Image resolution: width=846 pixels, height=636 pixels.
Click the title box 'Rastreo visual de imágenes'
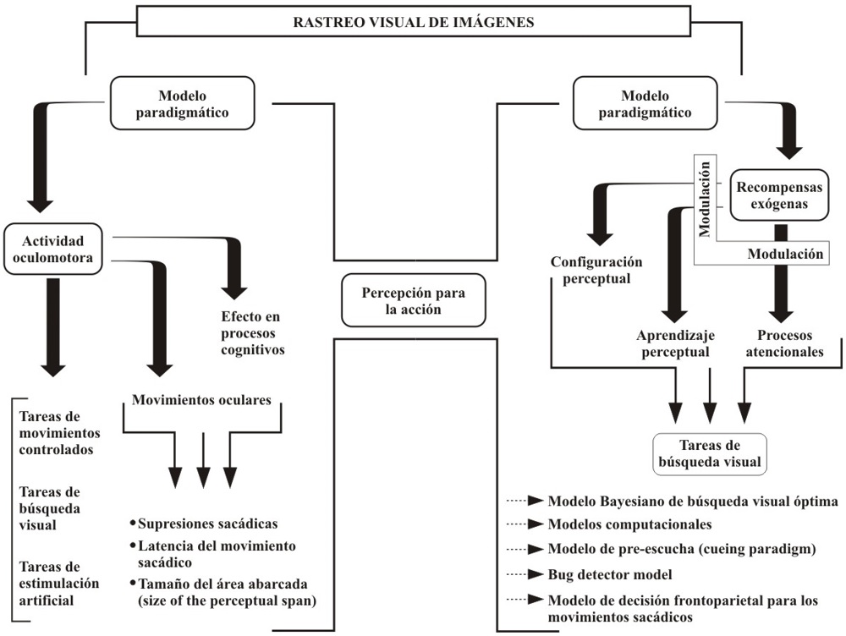click(413, 23)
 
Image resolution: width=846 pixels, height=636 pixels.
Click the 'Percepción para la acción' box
click(414, 299)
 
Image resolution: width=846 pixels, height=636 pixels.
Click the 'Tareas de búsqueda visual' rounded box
click(710, 453)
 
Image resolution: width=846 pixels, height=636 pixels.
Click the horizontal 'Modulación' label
click(785, 253)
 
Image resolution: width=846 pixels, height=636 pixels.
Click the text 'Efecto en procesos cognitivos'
click(250, 332)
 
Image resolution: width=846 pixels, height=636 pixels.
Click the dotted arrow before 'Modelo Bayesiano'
click(525, 501)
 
